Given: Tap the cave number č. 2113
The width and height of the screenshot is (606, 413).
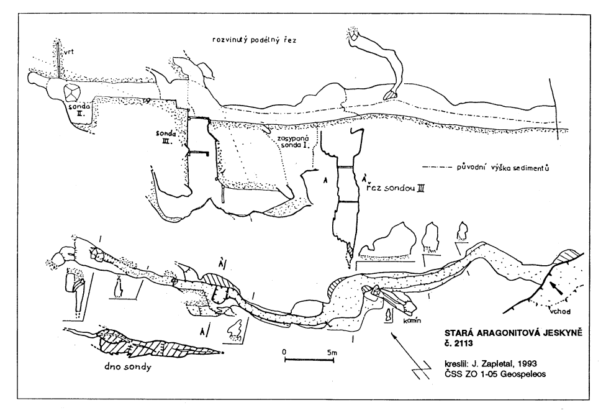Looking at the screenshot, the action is click(x=459, y=343).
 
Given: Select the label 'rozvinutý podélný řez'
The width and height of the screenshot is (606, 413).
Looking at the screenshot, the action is click(x=255, y=40).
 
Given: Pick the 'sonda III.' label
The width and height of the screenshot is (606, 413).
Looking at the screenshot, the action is click(x=166, y=137).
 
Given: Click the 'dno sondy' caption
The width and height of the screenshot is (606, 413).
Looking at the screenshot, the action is click(x=127, y=366).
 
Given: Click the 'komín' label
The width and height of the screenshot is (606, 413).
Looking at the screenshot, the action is click(x=412, y=320).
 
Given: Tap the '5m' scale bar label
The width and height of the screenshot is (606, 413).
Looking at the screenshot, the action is click(x=332, y=352).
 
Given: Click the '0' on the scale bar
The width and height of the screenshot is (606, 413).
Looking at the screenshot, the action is click(x=284, y=352).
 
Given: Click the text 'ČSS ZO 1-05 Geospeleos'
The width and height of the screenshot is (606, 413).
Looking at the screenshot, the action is click(x=495, y=374).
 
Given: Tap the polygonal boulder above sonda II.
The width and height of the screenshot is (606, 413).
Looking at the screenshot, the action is click(x=72, y=93).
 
